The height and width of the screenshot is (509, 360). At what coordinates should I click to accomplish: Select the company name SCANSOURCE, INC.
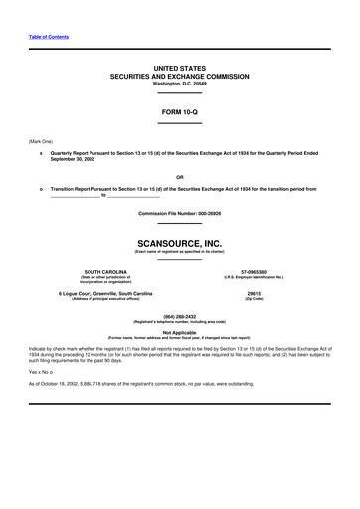click(x=180, y=241)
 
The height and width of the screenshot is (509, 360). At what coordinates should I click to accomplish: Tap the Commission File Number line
click(x=180, y=214)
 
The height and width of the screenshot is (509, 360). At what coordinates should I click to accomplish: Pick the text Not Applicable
click(x=180, y=333)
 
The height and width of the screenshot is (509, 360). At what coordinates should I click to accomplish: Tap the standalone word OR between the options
click(x=180, y=177)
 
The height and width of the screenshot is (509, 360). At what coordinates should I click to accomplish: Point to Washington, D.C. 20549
click(x=180, y=84)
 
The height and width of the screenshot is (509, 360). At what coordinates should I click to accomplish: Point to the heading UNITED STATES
click(x=180, y=68)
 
